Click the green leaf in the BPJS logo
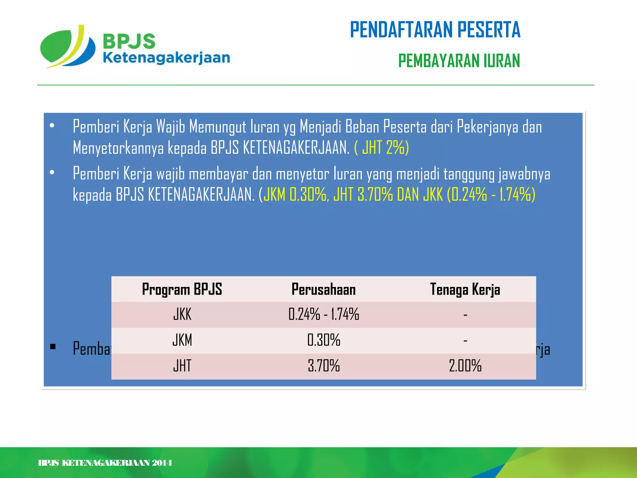(58, 47)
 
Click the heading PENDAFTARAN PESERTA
(435, 30)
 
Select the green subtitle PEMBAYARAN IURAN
(459, 61)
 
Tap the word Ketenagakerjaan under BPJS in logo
(166, 58)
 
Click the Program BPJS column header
(182, 289)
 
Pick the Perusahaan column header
(323, 289)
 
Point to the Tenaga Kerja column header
(465, 289)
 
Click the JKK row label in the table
(182, 314)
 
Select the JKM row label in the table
(182, 340)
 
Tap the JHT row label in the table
(182, 366)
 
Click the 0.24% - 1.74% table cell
(323, 314)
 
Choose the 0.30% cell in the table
(323, 340)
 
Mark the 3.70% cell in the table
(323, 366)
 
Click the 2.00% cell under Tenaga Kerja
(465, 366)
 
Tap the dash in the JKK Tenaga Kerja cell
(465, 315)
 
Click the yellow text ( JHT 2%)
(381, 148)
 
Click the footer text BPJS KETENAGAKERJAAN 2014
(105, 463)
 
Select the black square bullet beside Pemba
(53, 346)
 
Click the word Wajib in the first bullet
(170, 127)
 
